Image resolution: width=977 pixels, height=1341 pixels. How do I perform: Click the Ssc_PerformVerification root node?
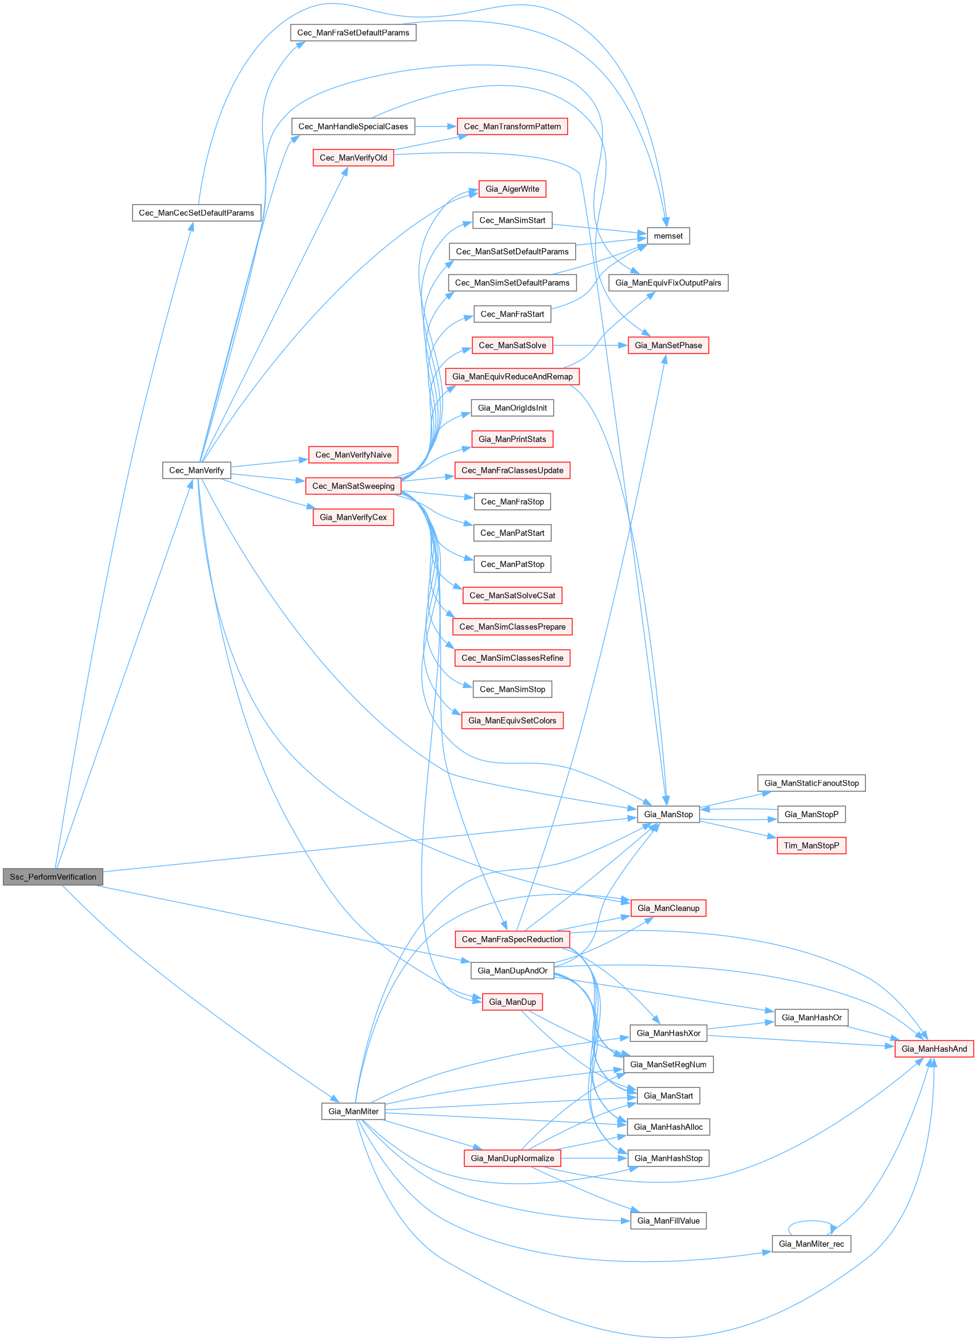click(52, 876)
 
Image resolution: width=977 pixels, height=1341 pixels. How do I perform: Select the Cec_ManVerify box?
click(196, 470)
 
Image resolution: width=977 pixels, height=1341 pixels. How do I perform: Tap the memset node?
click(668, 236)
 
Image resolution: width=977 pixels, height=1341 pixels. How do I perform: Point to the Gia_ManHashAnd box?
click(934, 1048)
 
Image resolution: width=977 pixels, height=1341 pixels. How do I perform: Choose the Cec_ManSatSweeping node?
click(353, 486)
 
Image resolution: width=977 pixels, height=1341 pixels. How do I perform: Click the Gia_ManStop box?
click(668, 814)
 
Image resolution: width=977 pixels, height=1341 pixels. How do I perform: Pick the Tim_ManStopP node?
click(811, 845)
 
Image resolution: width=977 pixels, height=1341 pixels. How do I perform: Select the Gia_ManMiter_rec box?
click(811, 1243)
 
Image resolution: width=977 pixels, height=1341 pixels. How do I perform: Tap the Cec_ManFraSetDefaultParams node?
click(353, 33)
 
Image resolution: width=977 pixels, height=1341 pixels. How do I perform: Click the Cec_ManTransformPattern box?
click(512, 127)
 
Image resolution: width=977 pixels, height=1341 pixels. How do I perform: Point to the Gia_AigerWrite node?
click(512, 189)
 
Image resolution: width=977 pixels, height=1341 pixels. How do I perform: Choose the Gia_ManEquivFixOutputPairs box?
click(668, 283)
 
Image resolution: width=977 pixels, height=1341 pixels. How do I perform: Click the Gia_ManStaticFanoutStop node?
click(811, 783)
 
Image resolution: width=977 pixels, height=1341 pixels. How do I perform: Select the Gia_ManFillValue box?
click(668, 1221)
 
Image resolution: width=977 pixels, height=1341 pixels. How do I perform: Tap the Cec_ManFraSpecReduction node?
click(512, 939)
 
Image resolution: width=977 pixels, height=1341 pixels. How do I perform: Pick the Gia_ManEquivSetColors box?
click(512, 720)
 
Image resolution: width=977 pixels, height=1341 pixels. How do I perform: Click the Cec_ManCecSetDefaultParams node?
click(196, 213)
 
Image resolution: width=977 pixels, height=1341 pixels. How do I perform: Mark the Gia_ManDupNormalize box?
click(512, 1158)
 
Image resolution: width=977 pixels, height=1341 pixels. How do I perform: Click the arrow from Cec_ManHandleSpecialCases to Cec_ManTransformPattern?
click(436, 127)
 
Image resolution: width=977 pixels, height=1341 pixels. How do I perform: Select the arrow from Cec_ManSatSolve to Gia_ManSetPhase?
click(590, 346)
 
